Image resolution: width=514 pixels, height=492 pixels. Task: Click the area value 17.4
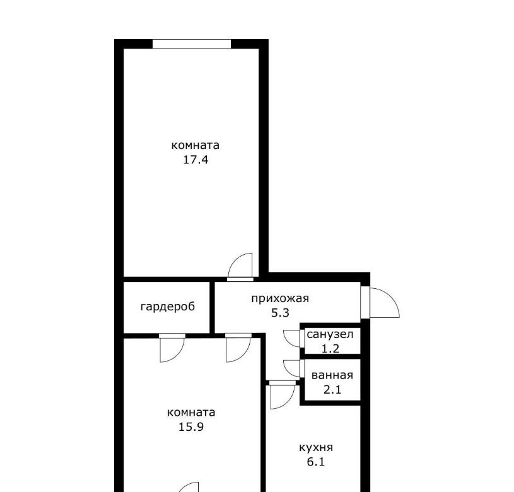click(196, 160)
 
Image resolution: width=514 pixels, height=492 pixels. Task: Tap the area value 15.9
click(191, 427)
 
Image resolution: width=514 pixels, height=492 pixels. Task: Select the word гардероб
click(168, 307)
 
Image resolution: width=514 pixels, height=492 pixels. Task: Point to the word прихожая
click(280, 298)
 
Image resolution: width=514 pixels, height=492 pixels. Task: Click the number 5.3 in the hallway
click(280, 313)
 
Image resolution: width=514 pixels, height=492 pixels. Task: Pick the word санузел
click(330, 335)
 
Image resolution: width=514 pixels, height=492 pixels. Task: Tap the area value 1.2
click(330, 349)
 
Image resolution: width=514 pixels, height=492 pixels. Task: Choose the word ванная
click(332, 375)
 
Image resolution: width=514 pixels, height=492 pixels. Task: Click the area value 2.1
click(332, 390)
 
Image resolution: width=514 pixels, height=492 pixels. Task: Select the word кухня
click(316, 447)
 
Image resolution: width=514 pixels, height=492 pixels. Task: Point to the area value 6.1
click(316, 462)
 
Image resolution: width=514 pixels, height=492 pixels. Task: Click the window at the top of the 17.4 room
click(192, 44)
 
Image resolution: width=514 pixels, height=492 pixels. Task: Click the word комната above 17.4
click(196, 145)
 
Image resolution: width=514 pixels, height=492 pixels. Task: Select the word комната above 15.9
click(191, 413)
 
